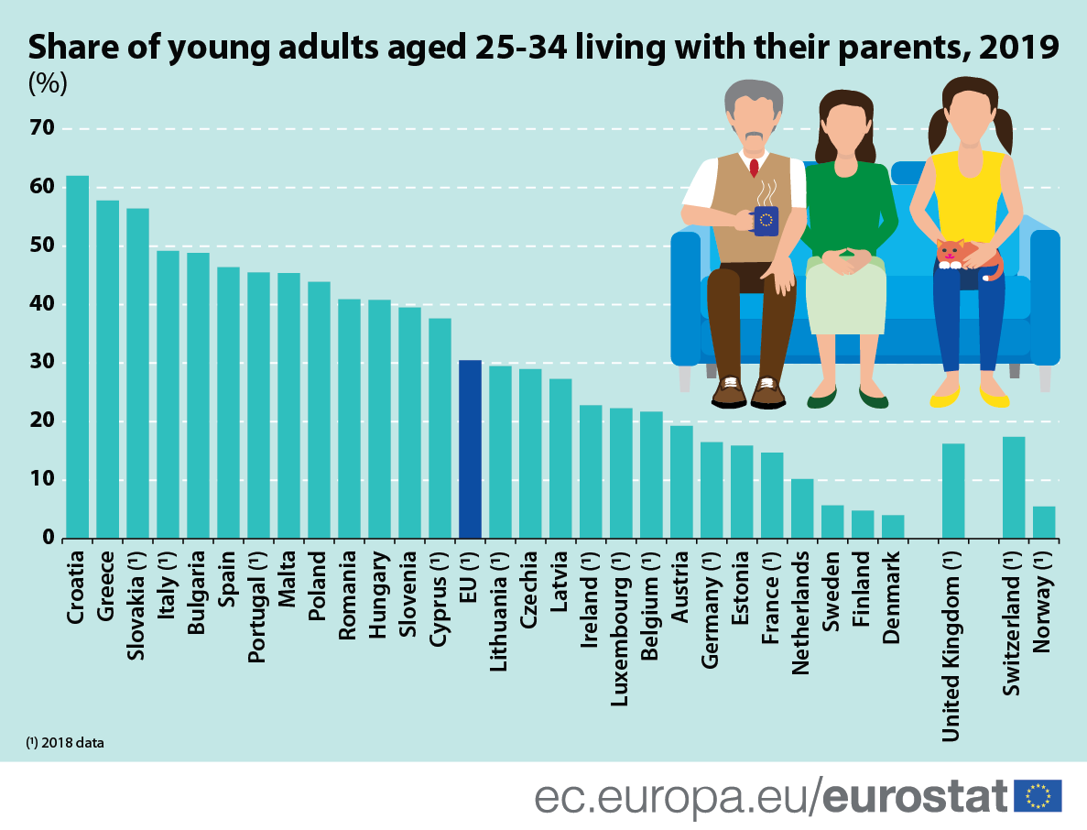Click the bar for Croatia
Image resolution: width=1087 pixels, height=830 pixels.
click(77, 357)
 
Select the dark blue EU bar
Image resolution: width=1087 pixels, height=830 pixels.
click(470, 449)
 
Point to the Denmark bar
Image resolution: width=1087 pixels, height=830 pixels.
click(893, 527)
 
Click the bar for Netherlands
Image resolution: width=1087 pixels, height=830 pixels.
click(802, 508)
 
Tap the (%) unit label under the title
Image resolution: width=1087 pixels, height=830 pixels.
click(48, 83)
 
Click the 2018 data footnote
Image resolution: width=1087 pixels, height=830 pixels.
click(65, 743)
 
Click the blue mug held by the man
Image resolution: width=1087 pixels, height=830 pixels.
click(765, 221)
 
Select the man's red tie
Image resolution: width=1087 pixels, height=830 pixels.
click(754, 168)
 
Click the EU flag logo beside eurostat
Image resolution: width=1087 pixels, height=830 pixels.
click(1038, 795)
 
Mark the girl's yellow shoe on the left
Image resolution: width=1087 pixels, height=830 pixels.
click(944, 399)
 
